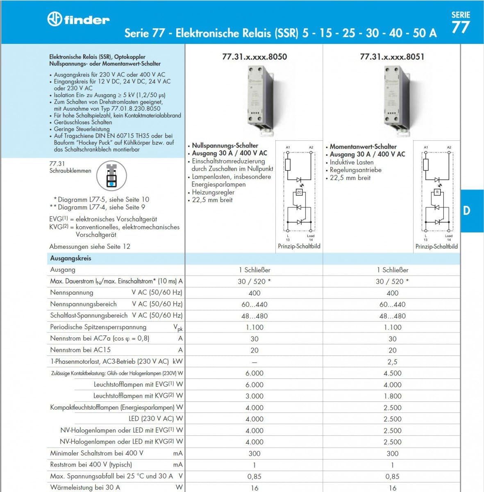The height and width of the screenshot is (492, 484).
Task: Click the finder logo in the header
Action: (78, 19)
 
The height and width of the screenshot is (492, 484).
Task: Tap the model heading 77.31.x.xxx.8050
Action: (254, 57)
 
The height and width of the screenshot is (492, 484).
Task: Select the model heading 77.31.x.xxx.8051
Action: (392, 57)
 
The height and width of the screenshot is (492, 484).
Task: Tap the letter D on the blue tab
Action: (466, 211)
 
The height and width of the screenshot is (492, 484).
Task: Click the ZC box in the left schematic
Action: (299, 192)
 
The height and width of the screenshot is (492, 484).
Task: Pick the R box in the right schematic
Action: (437, 192)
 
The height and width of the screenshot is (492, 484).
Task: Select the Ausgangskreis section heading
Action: (70, 258)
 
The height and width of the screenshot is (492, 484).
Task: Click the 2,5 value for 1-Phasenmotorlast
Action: (392, 362)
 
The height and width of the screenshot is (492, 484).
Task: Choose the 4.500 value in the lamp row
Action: (392, 373)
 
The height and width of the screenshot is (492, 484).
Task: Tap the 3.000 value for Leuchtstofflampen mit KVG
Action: (254, 396)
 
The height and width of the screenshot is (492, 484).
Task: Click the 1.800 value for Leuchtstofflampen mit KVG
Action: (392, 396)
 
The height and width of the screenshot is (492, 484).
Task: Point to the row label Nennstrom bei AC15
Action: (80, 350)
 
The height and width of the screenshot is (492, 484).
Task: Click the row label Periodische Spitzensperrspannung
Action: (98, 327)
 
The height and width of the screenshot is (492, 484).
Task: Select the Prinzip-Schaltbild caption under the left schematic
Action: (299, 246)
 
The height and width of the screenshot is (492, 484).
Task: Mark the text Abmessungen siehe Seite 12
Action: (90, 246)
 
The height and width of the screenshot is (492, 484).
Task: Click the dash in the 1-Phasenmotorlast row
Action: (254, 362)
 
